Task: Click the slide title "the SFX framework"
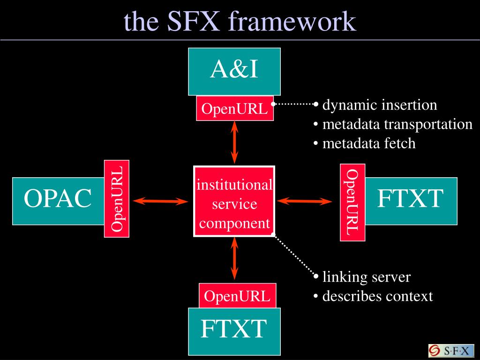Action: click(x=240, y=21)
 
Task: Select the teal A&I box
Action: click(x=234, y=70)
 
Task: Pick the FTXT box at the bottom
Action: click(x=234, y=330)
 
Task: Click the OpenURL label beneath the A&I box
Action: click(x=234, y=109)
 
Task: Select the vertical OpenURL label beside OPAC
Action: click(x=117, y=199)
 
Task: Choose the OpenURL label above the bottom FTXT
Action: click(x=237, y=296)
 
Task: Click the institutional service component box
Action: click(x=234, y=202)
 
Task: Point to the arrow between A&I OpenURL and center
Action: click(x=234, y=142)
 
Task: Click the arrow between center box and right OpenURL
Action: click(x=304, y=201)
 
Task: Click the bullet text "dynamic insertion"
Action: click(x=379, y=105)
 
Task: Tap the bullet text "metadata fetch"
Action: click(x=368, y=143)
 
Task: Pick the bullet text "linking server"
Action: click(x=366, y=277)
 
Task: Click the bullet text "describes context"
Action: click(x=377, y=296)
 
